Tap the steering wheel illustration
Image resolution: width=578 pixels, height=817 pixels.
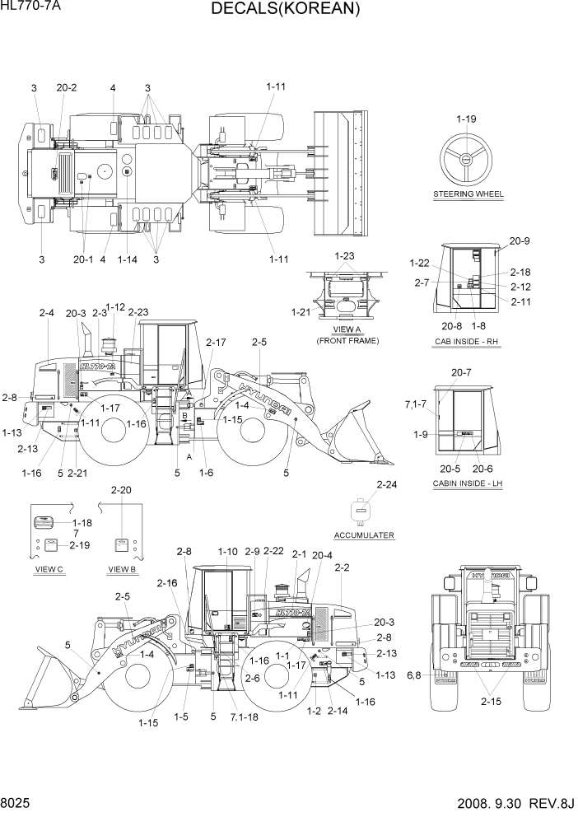(467, 161)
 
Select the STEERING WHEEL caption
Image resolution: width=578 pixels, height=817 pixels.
(468, 194)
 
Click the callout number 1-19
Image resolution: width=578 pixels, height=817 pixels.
(466, 119)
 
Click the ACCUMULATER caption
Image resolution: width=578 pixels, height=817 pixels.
(364, 535)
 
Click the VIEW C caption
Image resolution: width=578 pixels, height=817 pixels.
(49, 569)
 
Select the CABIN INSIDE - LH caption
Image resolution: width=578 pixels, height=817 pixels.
(467, 483)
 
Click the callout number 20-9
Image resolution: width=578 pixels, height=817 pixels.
(519, 240)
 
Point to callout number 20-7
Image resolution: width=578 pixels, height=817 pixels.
(460, 372)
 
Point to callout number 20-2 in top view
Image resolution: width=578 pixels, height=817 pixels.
(67, 87)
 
